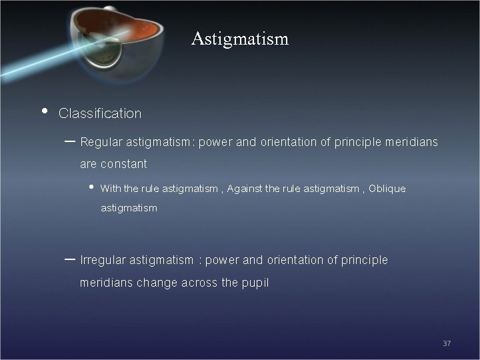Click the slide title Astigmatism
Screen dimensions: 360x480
tap(239, 39)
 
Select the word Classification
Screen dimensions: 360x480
tap(100, 113)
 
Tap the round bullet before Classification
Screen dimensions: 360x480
tap(44, 111)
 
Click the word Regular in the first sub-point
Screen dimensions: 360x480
tap(101, 142)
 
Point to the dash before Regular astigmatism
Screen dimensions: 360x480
tap(70, 141)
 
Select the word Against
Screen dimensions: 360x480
tap(245, 189)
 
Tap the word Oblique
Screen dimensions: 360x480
tap(387, 189)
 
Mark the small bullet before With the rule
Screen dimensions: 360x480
tap(91, 188)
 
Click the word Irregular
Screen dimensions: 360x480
tap(103, 260)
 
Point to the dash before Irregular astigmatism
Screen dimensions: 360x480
tap(70, 259)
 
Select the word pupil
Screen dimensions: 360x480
tap(255, 283)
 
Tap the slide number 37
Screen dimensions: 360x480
tap(447, 343)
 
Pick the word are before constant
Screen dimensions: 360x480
tap(89, 163)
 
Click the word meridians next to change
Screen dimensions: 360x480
tap(106, 283)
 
